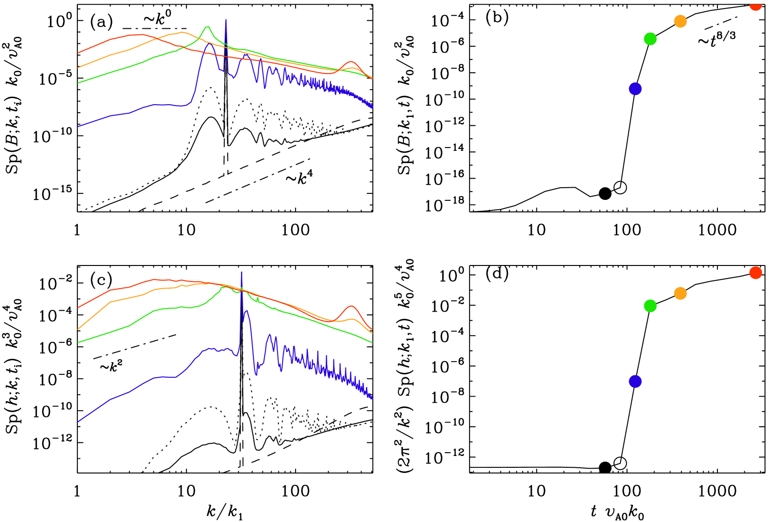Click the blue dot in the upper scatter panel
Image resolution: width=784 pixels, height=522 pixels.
[x=635, y=89]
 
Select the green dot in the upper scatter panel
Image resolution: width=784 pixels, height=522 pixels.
[x=650, y=39]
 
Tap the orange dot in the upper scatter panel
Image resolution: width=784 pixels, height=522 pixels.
[x=680, y=21]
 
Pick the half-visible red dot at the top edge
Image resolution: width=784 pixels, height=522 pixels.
[x=755, y=5]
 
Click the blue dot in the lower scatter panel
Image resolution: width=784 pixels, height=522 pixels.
[x=635, y=381]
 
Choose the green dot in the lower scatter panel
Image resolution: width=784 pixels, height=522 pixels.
[x=650, y=306]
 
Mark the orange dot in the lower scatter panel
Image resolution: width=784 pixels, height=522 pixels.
[x=680, y=293]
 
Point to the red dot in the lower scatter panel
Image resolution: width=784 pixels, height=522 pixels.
[x=755, y=273]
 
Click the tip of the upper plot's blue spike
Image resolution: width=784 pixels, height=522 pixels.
[x=226, y=20]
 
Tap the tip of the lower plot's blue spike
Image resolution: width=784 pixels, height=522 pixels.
[x=242, y=273]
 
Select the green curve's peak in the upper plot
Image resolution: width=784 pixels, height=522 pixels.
[x=207, y=26]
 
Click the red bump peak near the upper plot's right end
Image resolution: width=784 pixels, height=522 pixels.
[x=351, y=62]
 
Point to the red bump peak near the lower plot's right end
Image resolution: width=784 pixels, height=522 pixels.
[x=352, y=307]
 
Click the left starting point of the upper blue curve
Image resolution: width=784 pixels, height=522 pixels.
[x=78, y=126]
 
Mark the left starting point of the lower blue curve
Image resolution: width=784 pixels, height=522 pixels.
[x=78, y=422]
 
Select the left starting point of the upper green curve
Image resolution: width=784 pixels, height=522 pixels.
[x=78, y=83]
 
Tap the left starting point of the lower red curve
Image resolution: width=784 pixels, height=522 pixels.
[x=78, y=307]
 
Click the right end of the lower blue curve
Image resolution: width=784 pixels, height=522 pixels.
[x=372, y=398]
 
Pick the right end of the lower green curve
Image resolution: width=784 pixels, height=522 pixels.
[x=372, y=342]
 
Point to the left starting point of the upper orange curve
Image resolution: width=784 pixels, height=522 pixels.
[x=78, y=67]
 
